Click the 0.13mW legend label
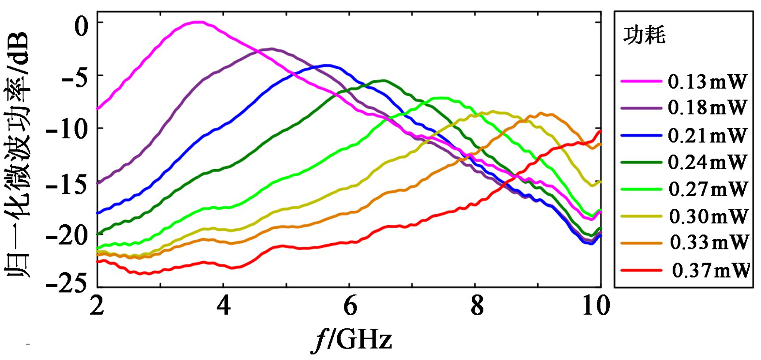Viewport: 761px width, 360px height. [x=707, y=82]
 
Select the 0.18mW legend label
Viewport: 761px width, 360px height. [x=707, y=108]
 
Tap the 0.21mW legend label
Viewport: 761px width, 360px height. [x=707, y=135]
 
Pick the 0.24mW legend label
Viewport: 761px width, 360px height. [x=707, y=162]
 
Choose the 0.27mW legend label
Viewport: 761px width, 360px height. [x=708, y=189]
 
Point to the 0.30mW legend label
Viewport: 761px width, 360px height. [x=709, y=216]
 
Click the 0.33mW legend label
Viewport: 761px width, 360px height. [x=709, y=242]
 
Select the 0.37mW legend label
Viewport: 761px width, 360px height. [x=710, y=270]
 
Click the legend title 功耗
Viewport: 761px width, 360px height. [x=644, y=35]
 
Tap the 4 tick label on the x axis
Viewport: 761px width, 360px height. [x=224, y=305]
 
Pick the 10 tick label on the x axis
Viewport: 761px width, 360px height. [x=596, y=305]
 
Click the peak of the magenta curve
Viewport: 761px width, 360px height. [x=198, y=22]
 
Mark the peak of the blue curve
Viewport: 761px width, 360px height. [x=327, y=65]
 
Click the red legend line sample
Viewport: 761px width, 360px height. [x=641, y=270]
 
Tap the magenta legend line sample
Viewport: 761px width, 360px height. [x=641, y=82]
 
